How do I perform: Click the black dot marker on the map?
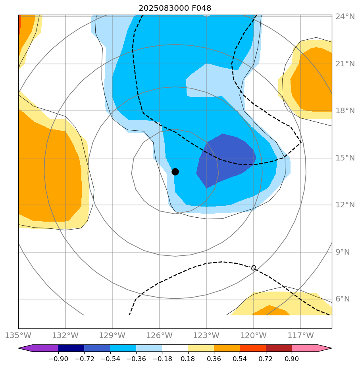175,172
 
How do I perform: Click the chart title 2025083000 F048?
175,8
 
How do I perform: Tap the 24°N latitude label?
345,17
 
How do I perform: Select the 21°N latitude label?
345,64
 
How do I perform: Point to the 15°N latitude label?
345,158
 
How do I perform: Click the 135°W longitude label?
18,335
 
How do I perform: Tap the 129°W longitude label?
112,335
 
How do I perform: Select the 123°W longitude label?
206,335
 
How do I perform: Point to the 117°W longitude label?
300,335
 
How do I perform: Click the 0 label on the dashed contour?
253,268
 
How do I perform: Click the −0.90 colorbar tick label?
58,359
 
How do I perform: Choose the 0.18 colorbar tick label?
188,359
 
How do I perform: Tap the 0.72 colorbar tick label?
266,359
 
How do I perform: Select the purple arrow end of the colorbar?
25,348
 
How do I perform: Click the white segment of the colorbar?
175,348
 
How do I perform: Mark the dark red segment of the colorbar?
279,348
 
